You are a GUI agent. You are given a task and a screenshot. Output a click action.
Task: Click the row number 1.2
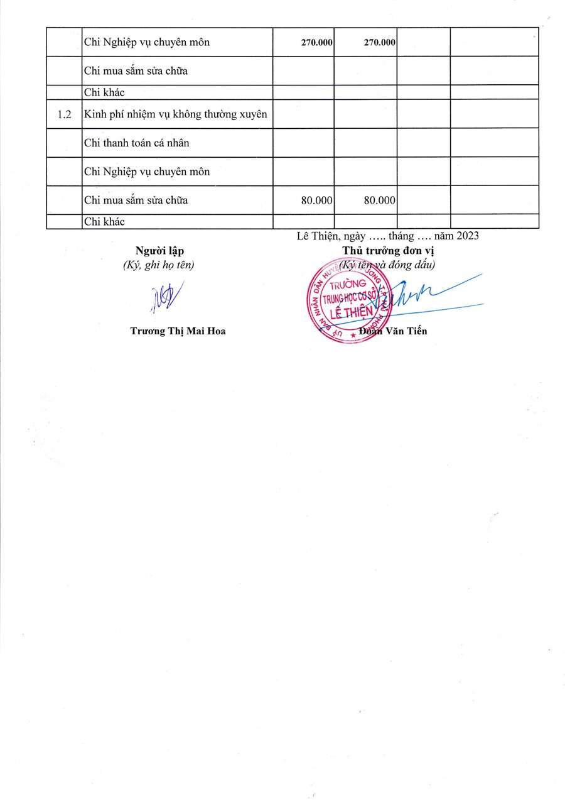tap(64, 114)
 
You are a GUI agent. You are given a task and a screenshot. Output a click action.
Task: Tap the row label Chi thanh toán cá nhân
tap(137, 143)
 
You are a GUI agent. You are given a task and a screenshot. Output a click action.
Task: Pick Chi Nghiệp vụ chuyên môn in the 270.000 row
tap(147, 43)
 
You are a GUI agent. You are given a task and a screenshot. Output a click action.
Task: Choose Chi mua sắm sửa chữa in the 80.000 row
tap(136, 200)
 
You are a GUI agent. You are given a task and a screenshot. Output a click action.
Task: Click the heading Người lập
tap(159, 251)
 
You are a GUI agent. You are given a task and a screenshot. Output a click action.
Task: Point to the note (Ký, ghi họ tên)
tap(159, 265)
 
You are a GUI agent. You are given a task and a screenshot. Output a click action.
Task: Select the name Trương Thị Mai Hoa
tap(178, 331)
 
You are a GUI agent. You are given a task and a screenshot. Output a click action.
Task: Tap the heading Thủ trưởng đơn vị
tap(388, 251)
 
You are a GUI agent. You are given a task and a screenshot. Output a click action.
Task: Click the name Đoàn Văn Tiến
tap(394, 331)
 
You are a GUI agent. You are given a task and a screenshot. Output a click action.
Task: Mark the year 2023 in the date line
tap(468, 236)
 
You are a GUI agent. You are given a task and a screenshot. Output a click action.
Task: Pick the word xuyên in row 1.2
tap(251, 114)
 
